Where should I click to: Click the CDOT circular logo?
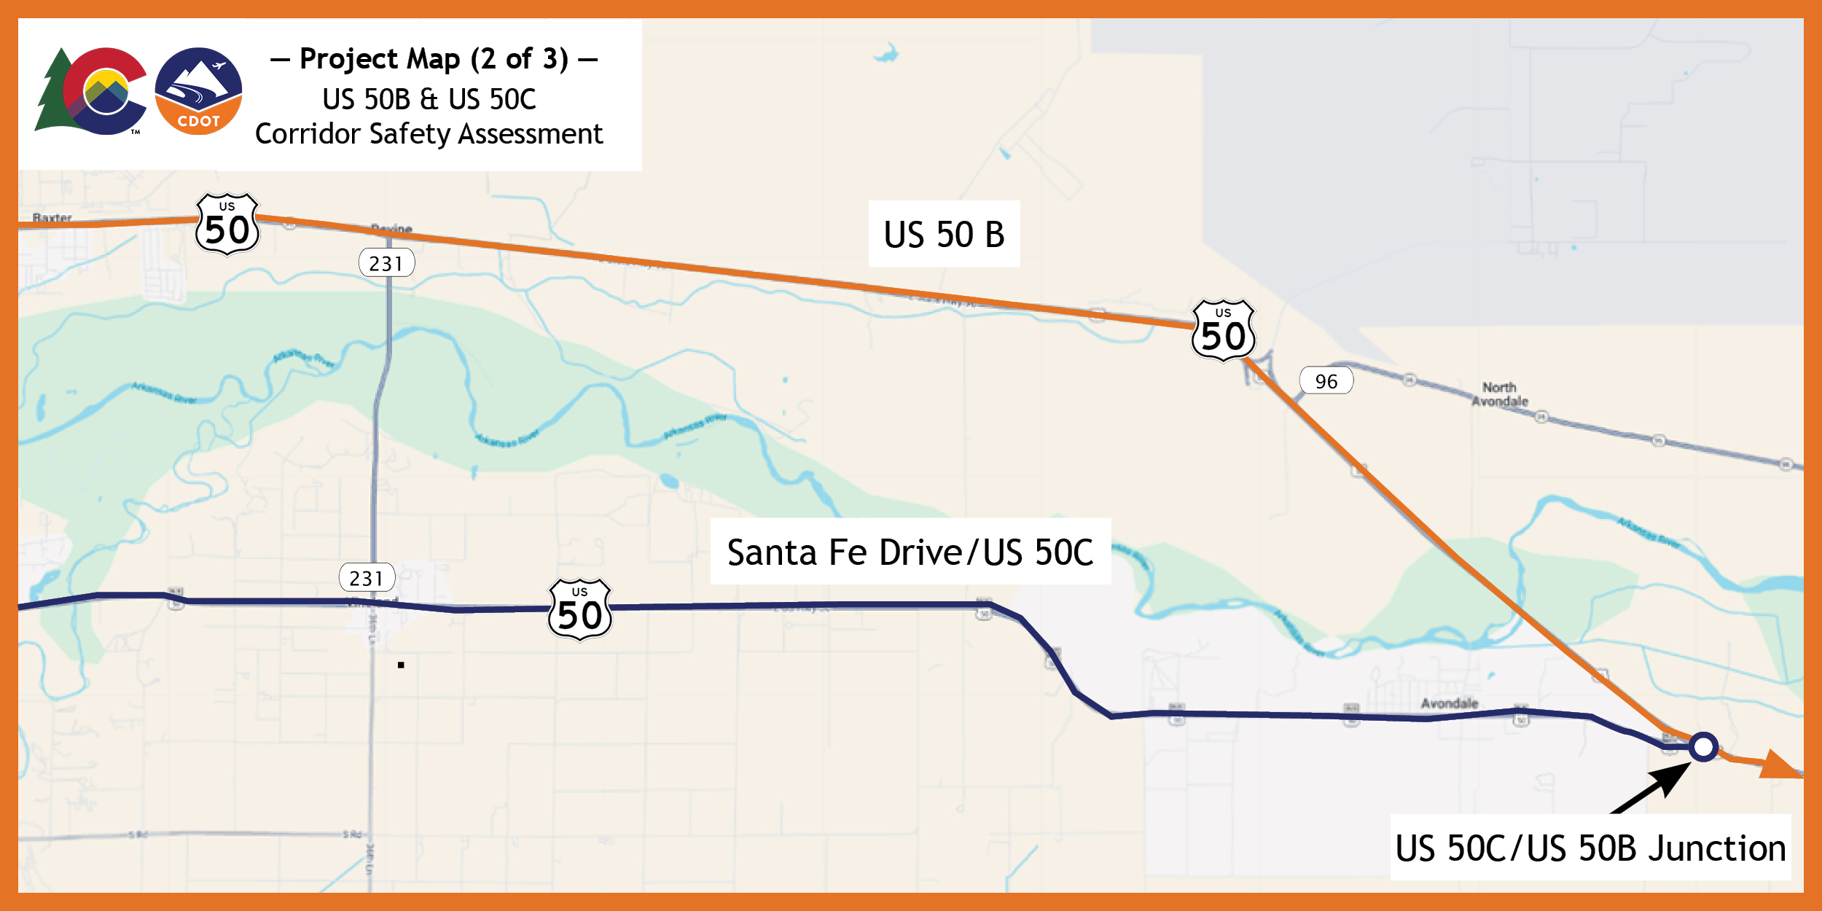click(198, 91)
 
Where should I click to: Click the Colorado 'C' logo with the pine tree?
click(93, 91)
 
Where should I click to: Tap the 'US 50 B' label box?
click(944, 234)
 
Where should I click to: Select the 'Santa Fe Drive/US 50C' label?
click(910, 552)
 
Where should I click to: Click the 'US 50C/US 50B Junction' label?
click(1590, 848)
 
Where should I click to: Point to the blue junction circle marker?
click(1704, 746)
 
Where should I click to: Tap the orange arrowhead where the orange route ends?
click(1781, 765)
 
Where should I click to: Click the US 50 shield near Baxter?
click(227, 224)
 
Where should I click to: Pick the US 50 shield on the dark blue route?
click(579, 610)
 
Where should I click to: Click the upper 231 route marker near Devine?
click(386, 263)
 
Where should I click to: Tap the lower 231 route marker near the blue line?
click(367, 578)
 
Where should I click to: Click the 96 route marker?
click(1326, 381)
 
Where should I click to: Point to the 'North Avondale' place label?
click(1499, 394)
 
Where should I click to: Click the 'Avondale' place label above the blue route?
click(1450, 703)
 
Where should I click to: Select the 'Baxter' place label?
click(52, 217)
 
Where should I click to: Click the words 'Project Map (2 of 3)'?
click(434, 59)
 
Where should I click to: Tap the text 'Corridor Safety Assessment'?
click(429, 134)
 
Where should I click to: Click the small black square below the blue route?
click(401, 665)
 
